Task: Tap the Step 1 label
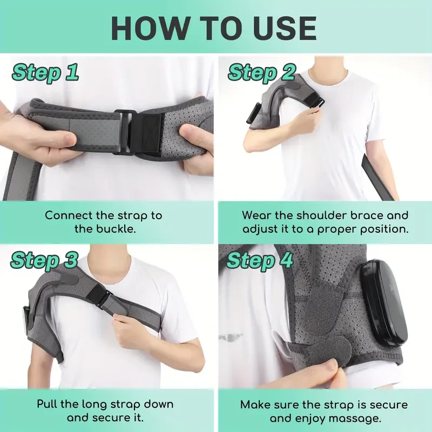[45, 72]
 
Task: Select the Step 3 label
[44, 260]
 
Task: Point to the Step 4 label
[260, 260]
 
